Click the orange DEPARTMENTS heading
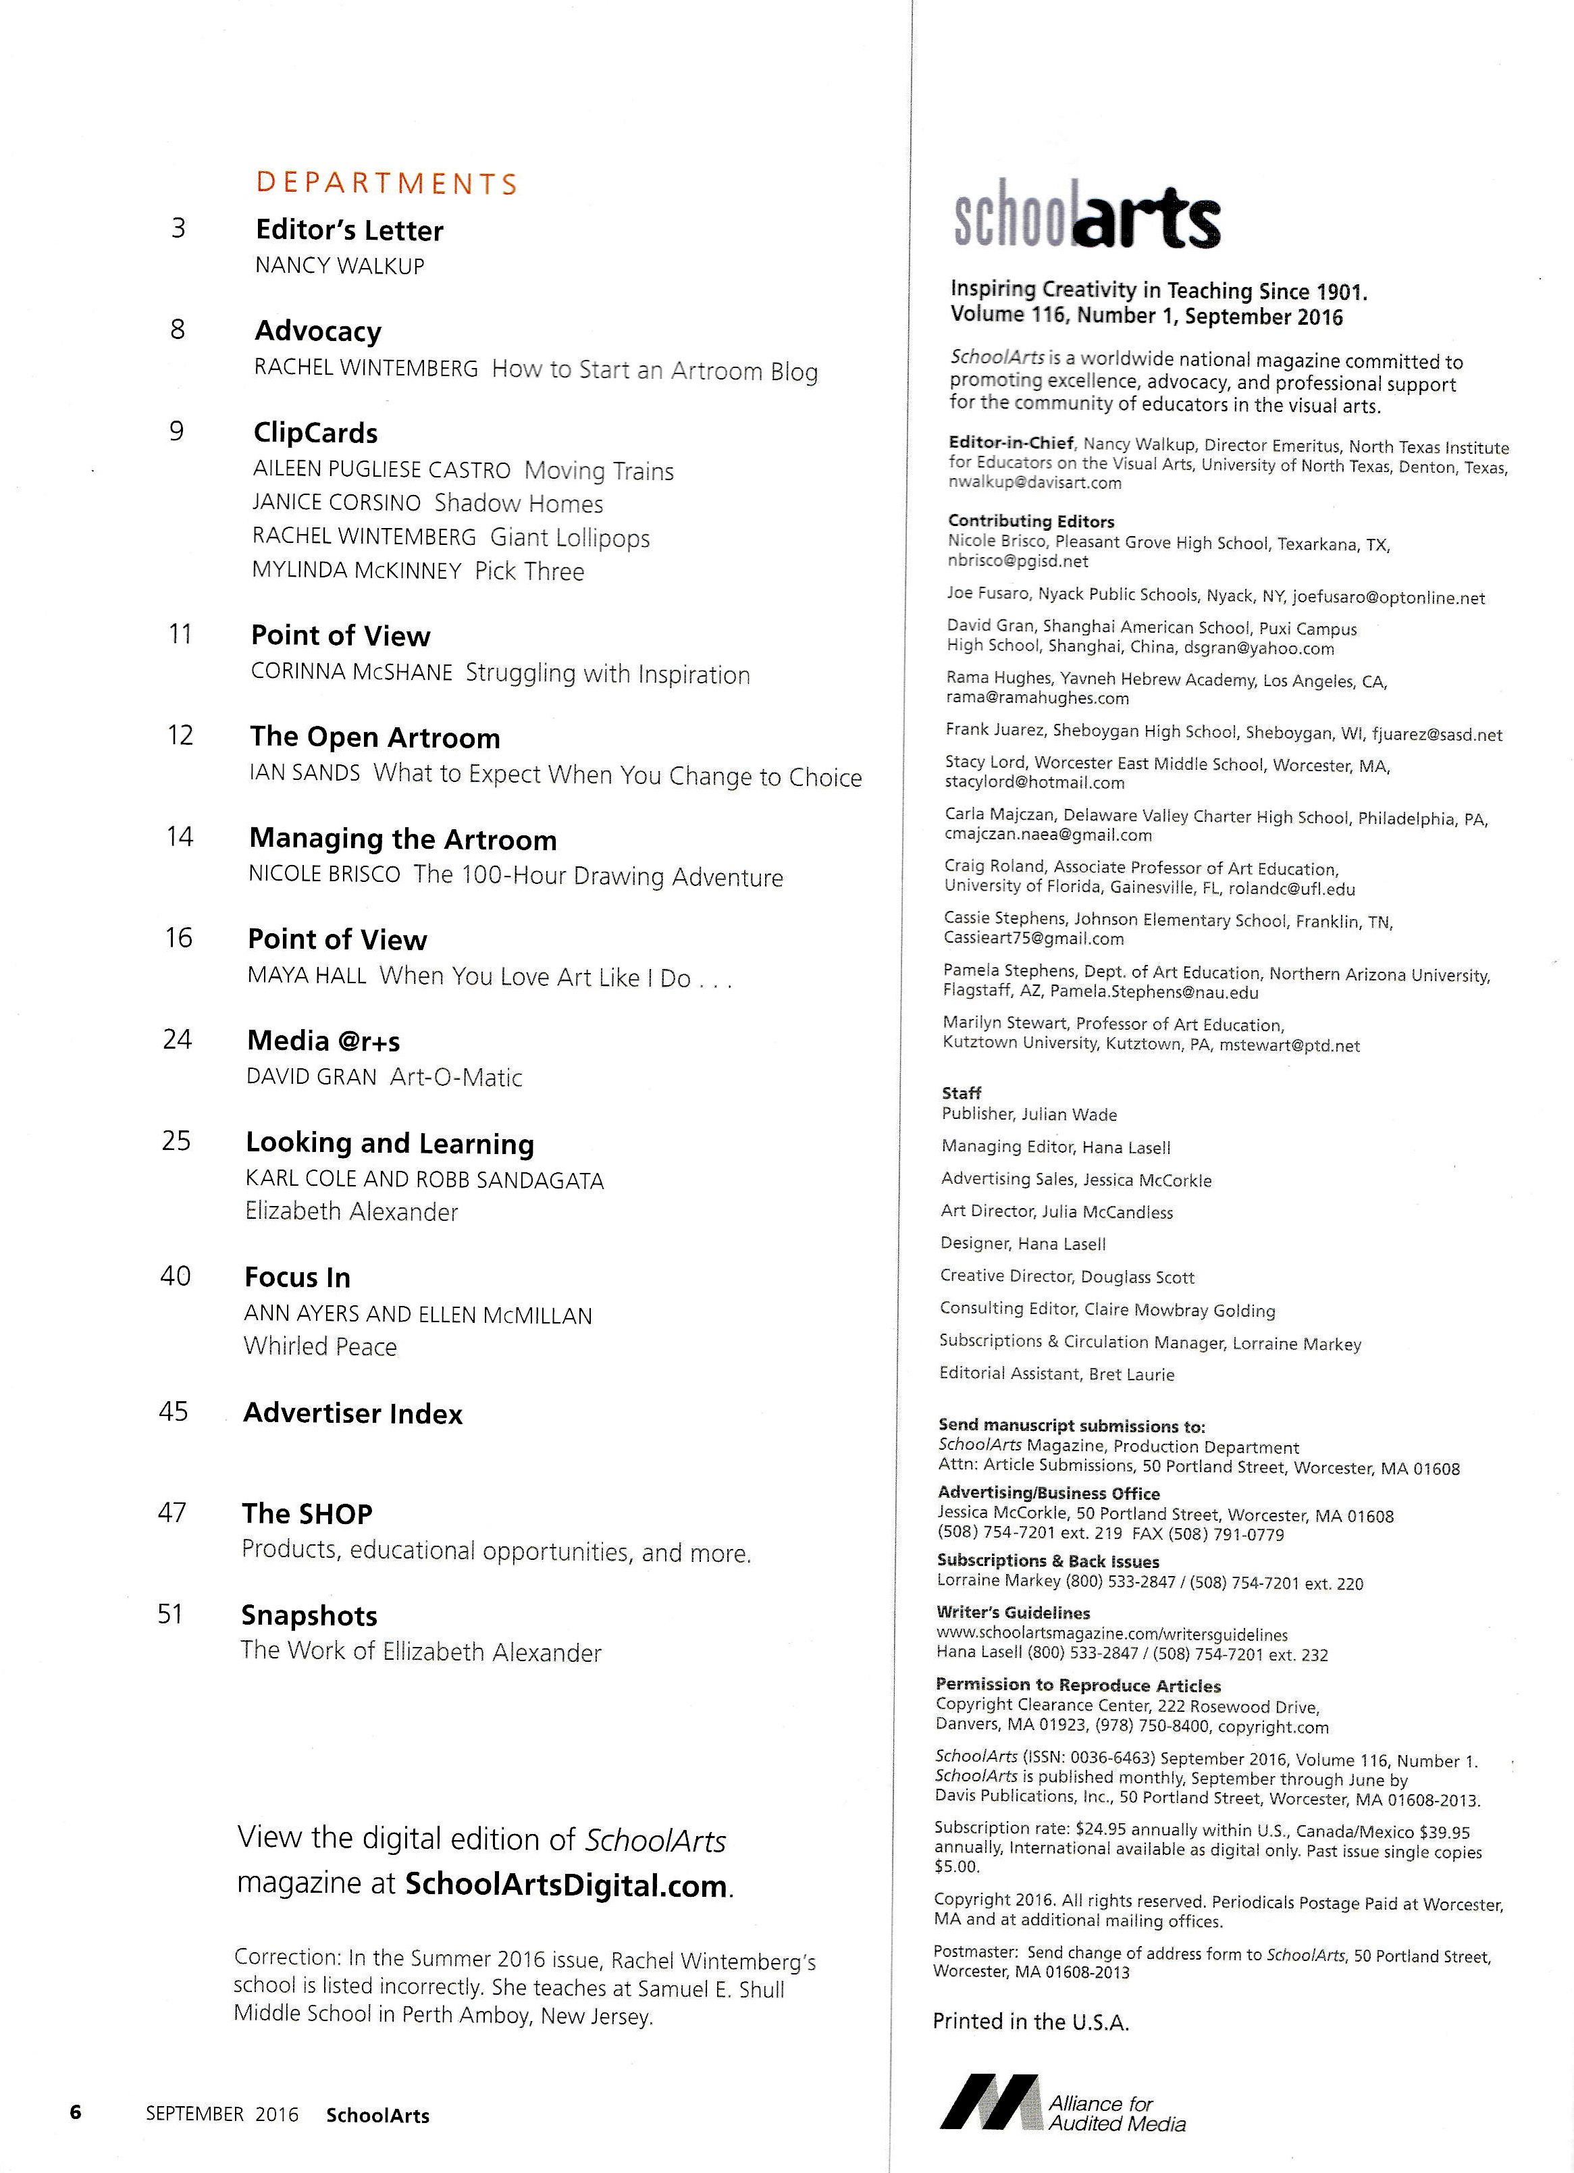pyautogui.click(x=386, y=183)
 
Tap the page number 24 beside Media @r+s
pyautogui.click(x=177, y=1039)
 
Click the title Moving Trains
pyautogui.click(x=599, y=471)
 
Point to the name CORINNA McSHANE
pyautogui.click(x=352, y=673)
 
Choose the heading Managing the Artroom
pyautogui.click(x=402, y=839)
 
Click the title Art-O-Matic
pyautogui.click(x=456, y=1077)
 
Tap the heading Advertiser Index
pyautogui.click(x=352, y=1413)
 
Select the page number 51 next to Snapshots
pyautogui.click(x=169, y=1615)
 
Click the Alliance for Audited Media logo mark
pyautogui.click(x=990, y=2102)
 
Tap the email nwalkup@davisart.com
pyautogui.click(x=1034, y=483)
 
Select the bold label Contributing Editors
pyautogui.click(x=1031, y=521)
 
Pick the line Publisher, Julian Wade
pyautogui.click(x=1029, y=1114)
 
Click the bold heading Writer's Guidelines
pyautogui.click(x=1013, y=1613)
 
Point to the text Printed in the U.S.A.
pyautogui.click(x=1031, y=2022)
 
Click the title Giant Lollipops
pyautogui.click(x=570, y=538)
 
